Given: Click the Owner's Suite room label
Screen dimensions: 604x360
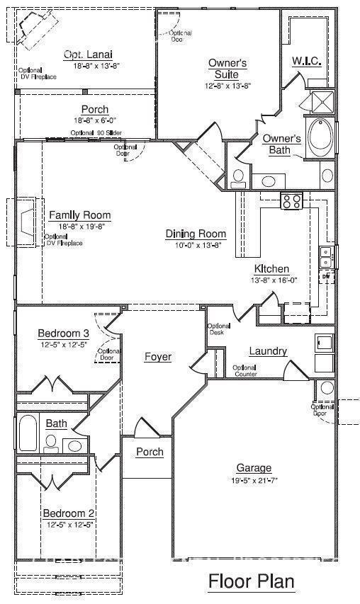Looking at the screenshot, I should pos(227,68).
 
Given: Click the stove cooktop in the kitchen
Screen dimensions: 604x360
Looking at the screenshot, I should pos(291,201).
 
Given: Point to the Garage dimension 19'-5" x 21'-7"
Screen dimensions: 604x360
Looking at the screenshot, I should pos(254,481).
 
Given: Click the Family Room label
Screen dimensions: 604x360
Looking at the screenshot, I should pos(79,215).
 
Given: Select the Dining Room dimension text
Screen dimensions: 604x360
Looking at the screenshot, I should pos(196,245).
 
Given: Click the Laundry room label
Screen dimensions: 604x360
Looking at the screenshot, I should pos(268,351).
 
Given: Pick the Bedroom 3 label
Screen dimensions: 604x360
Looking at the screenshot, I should pos(63,334).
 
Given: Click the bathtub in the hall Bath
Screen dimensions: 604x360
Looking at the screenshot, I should pos(27,433).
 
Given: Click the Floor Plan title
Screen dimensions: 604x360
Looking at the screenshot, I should pos(251,582).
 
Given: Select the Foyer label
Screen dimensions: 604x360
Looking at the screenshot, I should pos(157,357).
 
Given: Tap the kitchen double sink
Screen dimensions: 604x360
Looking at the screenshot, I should pos(326,256).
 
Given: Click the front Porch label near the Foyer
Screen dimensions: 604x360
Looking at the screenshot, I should pos(150,452).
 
